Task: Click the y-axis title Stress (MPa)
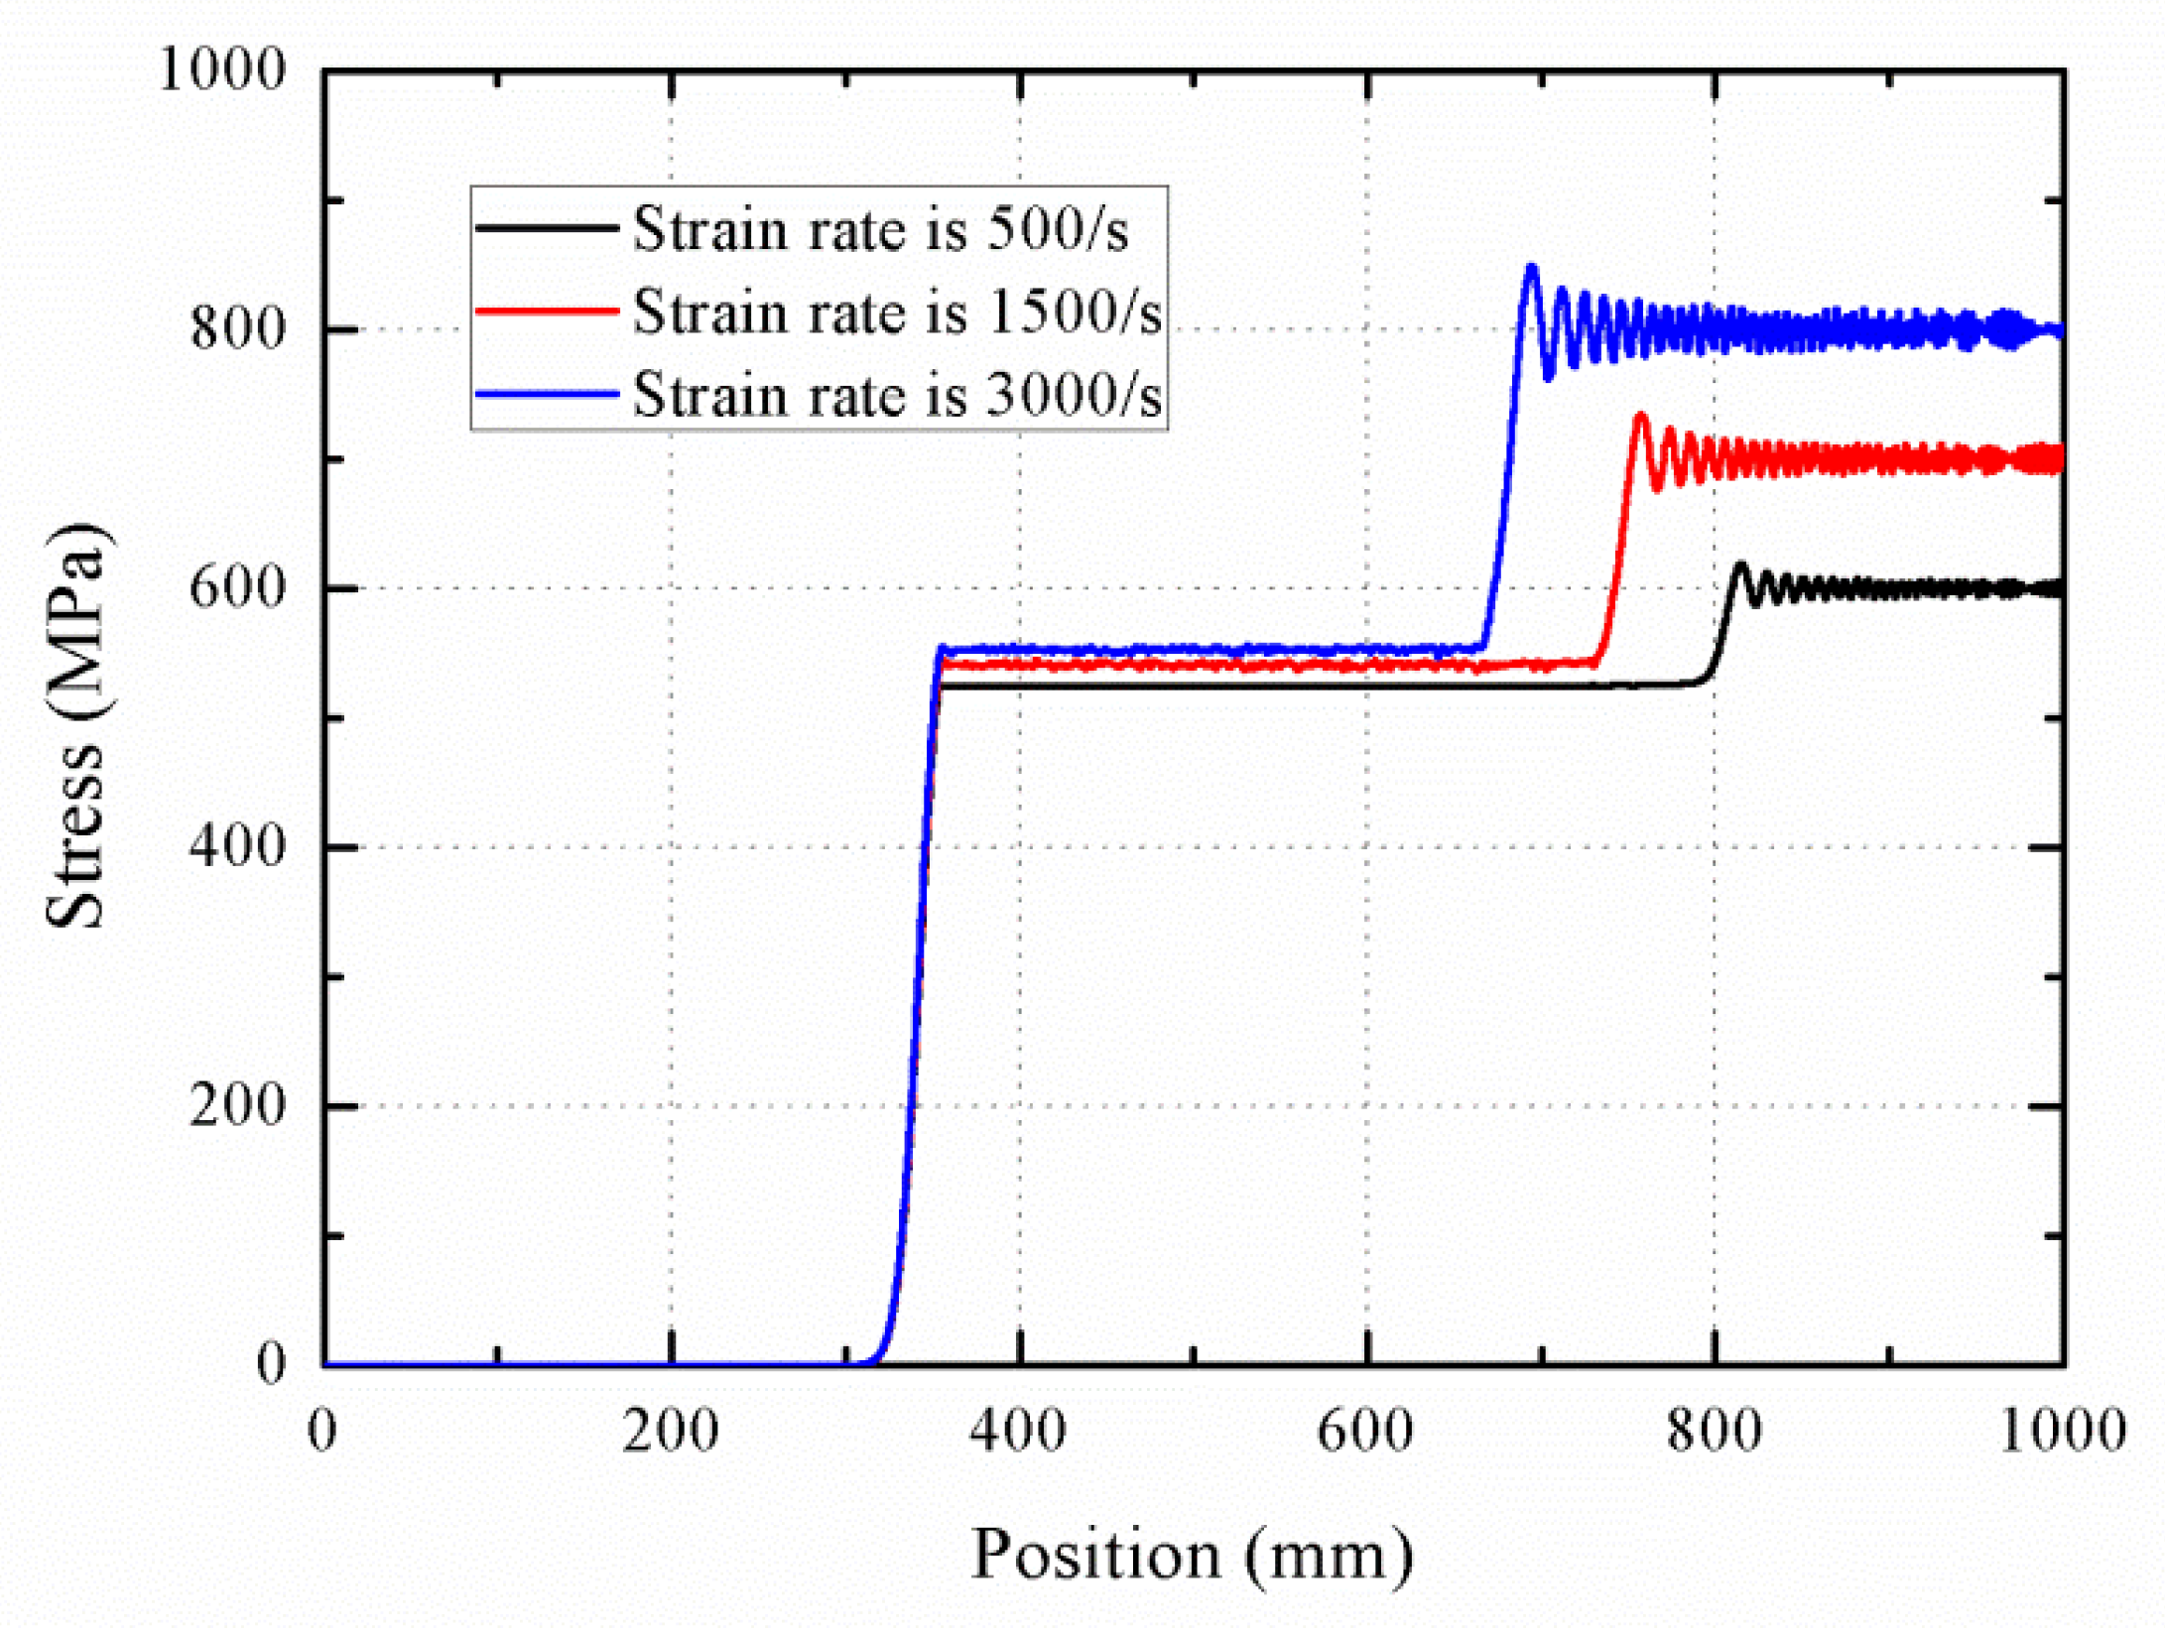(74, 725)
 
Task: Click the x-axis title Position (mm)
(1192, 1555)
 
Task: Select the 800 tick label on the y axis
(237, 328)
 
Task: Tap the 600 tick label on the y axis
(237, 587)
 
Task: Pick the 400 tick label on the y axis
(237, 846)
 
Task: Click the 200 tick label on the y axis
(237, 1104)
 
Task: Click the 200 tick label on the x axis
(671, 1432)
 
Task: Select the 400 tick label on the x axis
(1018, 1432)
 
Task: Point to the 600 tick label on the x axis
(1365, 1432)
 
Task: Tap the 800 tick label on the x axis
(1714, 1432)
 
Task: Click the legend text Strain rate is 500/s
(880, 229)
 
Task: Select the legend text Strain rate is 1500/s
(896, 312)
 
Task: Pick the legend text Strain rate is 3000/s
(896, 395)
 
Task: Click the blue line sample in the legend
(547, 395)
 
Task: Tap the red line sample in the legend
(547, 312)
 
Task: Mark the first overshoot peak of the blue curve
(1531, 268)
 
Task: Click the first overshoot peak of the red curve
(1640, 417)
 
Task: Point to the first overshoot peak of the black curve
(1739, 566)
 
